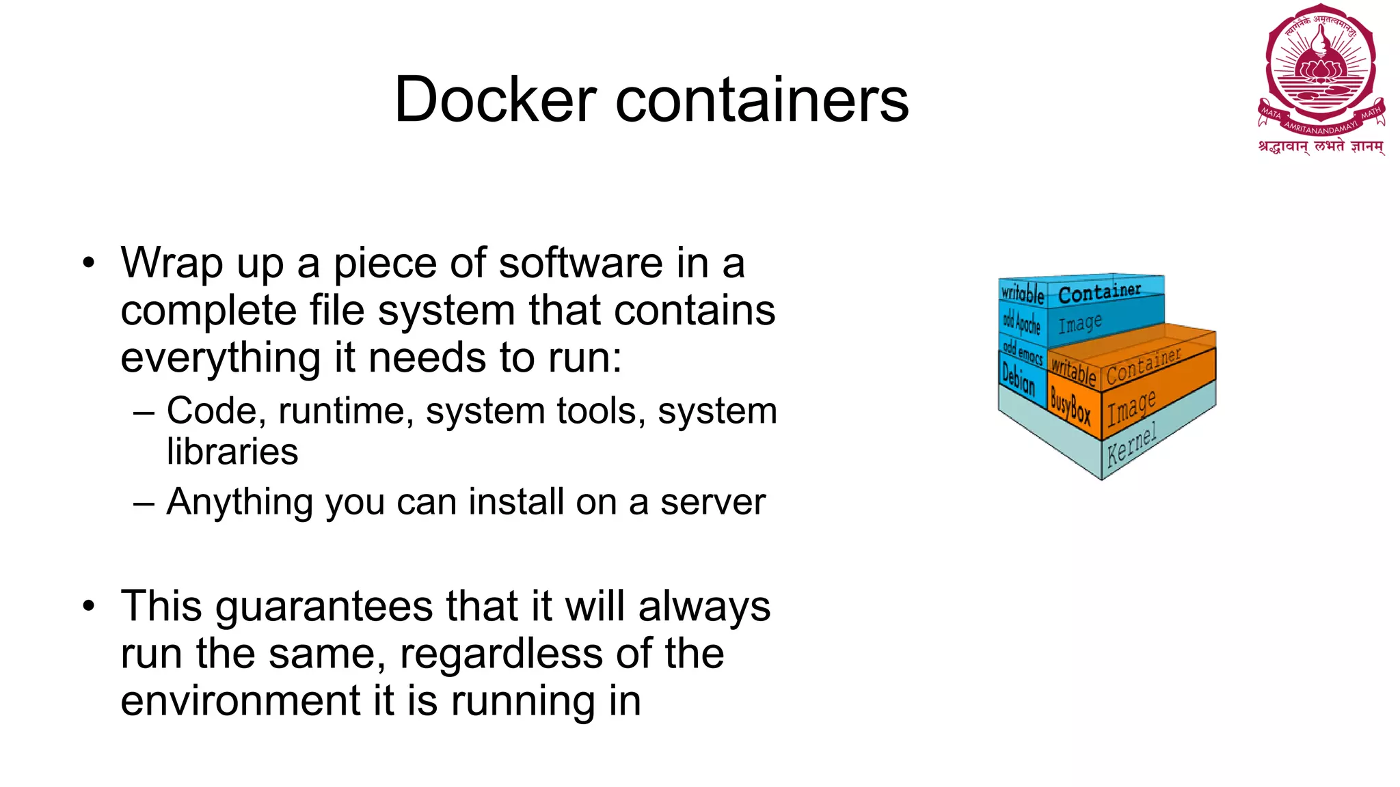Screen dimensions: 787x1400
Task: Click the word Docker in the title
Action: (496, 100)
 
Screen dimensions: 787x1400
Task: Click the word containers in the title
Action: (762, 100)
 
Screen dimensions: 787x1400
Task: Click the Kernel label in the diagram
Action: (1131, 445)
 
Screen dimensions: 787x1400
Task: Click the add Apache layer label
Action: (1021, 322)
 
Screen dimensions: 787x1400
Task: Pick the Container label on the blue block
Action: (1099, 292)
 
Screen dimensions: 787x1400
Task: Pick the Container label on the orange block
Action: (1143, 366)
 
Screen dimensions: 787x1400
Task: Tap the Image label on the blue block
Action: (1080, 322)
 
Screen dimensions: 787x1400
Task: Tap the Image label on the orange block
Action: (1131, 407)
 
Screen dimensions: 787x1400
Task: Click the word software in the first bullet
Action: (580, 263)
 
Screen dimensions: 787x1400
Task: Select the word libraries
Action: (232, 452)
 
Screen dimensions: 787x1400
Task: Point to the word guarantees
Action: (324, 607)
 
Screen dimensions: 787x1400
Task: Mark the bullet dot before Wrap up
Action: (88, 264)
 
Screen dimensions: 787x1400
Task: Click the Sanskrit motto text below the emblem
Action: (1321, 147)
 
